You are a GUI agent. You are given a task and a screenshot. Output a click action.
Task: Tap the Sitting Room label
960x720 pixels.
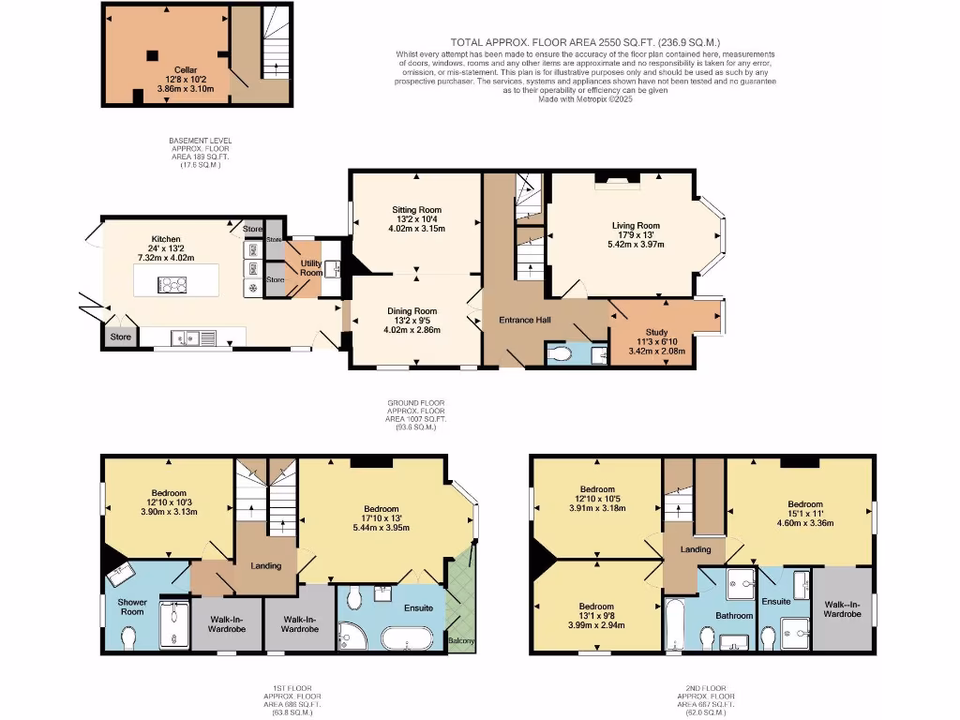pos(417,209)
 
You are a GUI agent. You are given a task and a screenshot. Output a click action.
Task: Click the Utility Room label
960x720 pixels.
pos(311,268)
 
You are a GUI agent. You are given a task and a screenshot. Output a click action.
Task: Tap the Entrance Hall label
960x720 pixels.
pos(524,321)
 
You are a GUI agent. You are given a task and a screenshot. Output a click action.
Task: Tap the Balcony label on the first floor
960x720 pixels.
pos(461,641)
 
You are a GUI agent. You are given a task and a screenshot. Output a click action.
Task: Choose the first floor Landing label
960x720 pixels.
pos(266,565)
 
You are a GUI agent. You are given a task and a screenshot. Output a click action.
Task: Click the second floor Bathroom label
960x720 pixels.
pos(734,615)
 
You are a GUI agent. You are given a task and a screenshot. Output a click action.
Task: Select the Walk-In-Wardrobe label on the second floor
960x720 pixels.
pos(841,610)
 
